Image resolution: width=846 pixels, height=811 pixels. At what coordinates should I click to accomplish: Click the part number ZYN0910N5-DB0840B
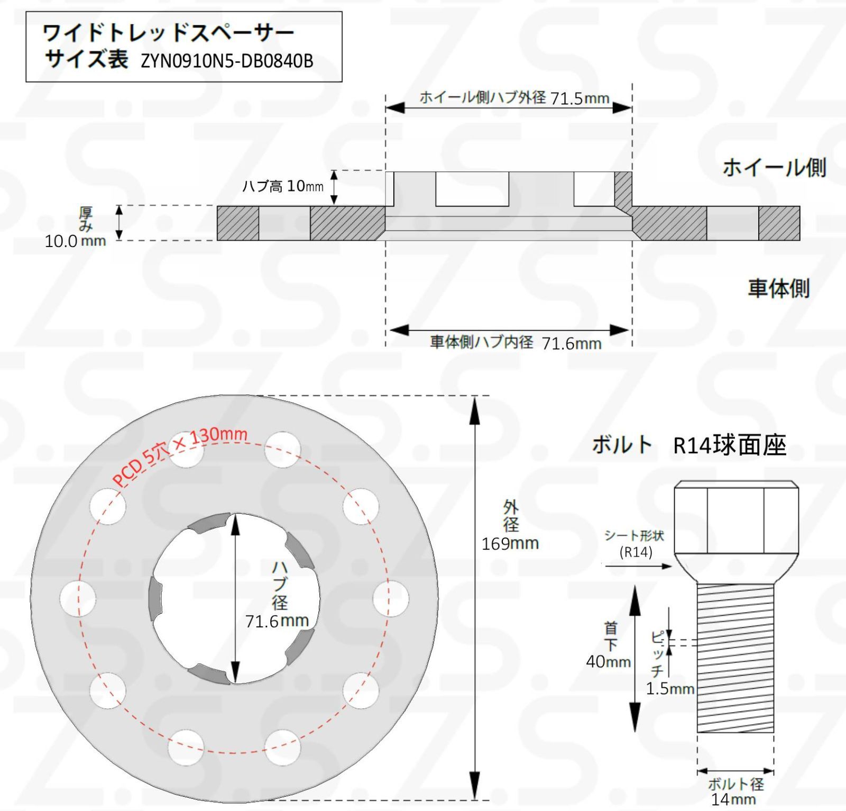[227, 61]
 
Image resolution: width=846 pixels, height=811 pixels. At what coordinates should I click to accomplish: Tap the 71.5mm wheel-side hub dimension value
[580, 98]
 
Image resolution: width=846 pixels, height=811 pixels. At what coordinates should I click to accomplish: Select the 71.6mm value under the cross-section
[572, 343]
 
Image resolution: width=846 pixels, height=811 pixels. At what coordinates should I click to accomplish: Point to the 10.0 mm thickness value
[75, 241]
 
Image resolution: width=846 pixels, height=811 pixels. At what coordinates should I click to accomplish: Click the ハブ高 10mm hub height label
[283, 186]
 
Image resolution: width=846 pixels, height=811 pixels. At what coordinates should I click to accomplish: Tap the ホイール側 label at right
[774, 168]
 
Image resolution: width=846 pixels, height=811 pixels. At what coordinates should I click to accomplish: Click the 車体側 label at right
[779, 288]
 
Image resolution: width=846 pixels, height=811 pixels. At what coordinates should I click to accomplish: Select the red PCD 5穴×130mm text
[180, 455]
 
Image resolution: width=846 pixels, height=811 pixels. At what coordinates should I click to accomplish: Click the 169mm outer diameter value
[510, 543]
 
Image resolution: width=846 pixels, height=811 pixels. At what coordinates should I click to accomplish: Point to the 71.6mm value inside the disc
[277, 621]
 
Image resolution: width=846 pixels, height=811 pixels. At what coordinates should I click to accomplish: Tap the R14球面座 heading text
[730, 445]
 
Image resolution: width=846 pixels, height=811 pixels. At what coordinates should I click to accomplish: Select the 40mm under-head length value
[609, 661]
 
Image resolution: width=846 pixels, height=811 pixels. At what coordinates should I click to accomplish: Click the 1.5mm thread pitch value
[670, 688]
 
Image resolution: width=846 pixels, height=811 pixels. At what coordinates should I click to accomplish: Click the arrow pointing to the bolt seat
[638, 566]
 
